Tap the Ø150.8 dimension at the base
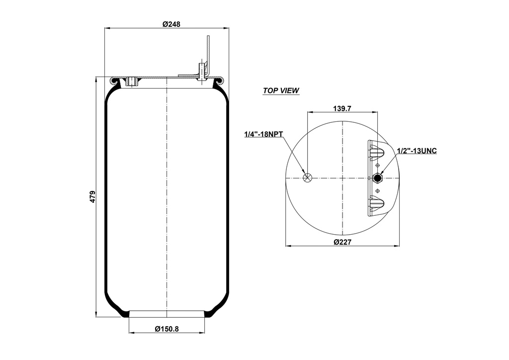coord(167,329)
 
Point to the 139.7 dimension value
coord(342,108)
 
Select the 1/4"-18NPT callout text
coord(263,134)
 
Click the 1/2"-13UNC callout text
coord(417,151)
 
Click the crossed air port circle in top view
coord(308,178)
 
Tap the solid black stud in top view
coord(378,178)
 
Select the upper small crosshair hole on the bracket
coord(378,165)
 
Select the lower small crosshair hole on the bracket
coord(378,191)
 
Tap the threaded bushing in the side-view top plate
coord(132,81)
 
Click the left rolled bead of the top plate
coord(114,80)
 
